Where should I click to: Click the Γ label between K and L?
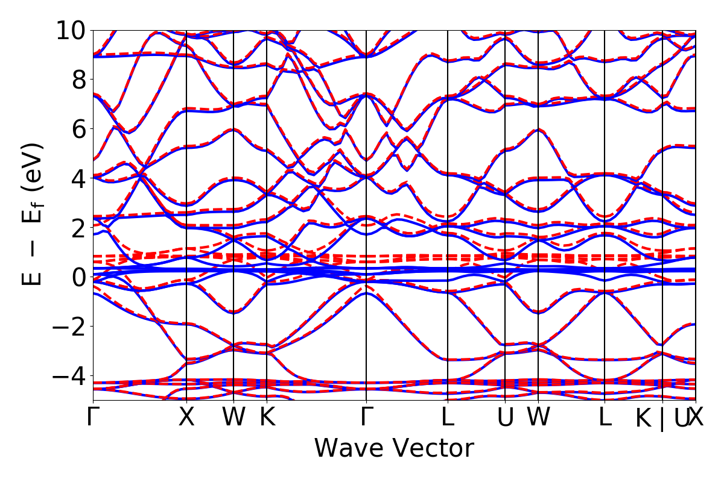coord(367,418)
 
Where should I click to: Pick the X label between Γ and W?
coord(186,418)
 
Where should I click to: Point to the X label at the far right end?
coord(696,418)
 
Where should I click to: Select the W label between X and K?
coord(233,418)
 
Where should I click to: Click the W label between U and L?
coord(538,418)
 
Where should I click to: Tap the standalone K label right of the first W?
coord(267,418)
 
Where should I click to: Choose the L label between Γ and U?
coord(448,418)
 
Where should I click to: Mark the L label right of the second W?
coord(605,418)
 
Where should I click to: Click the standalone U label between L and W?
coord(505,418)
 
